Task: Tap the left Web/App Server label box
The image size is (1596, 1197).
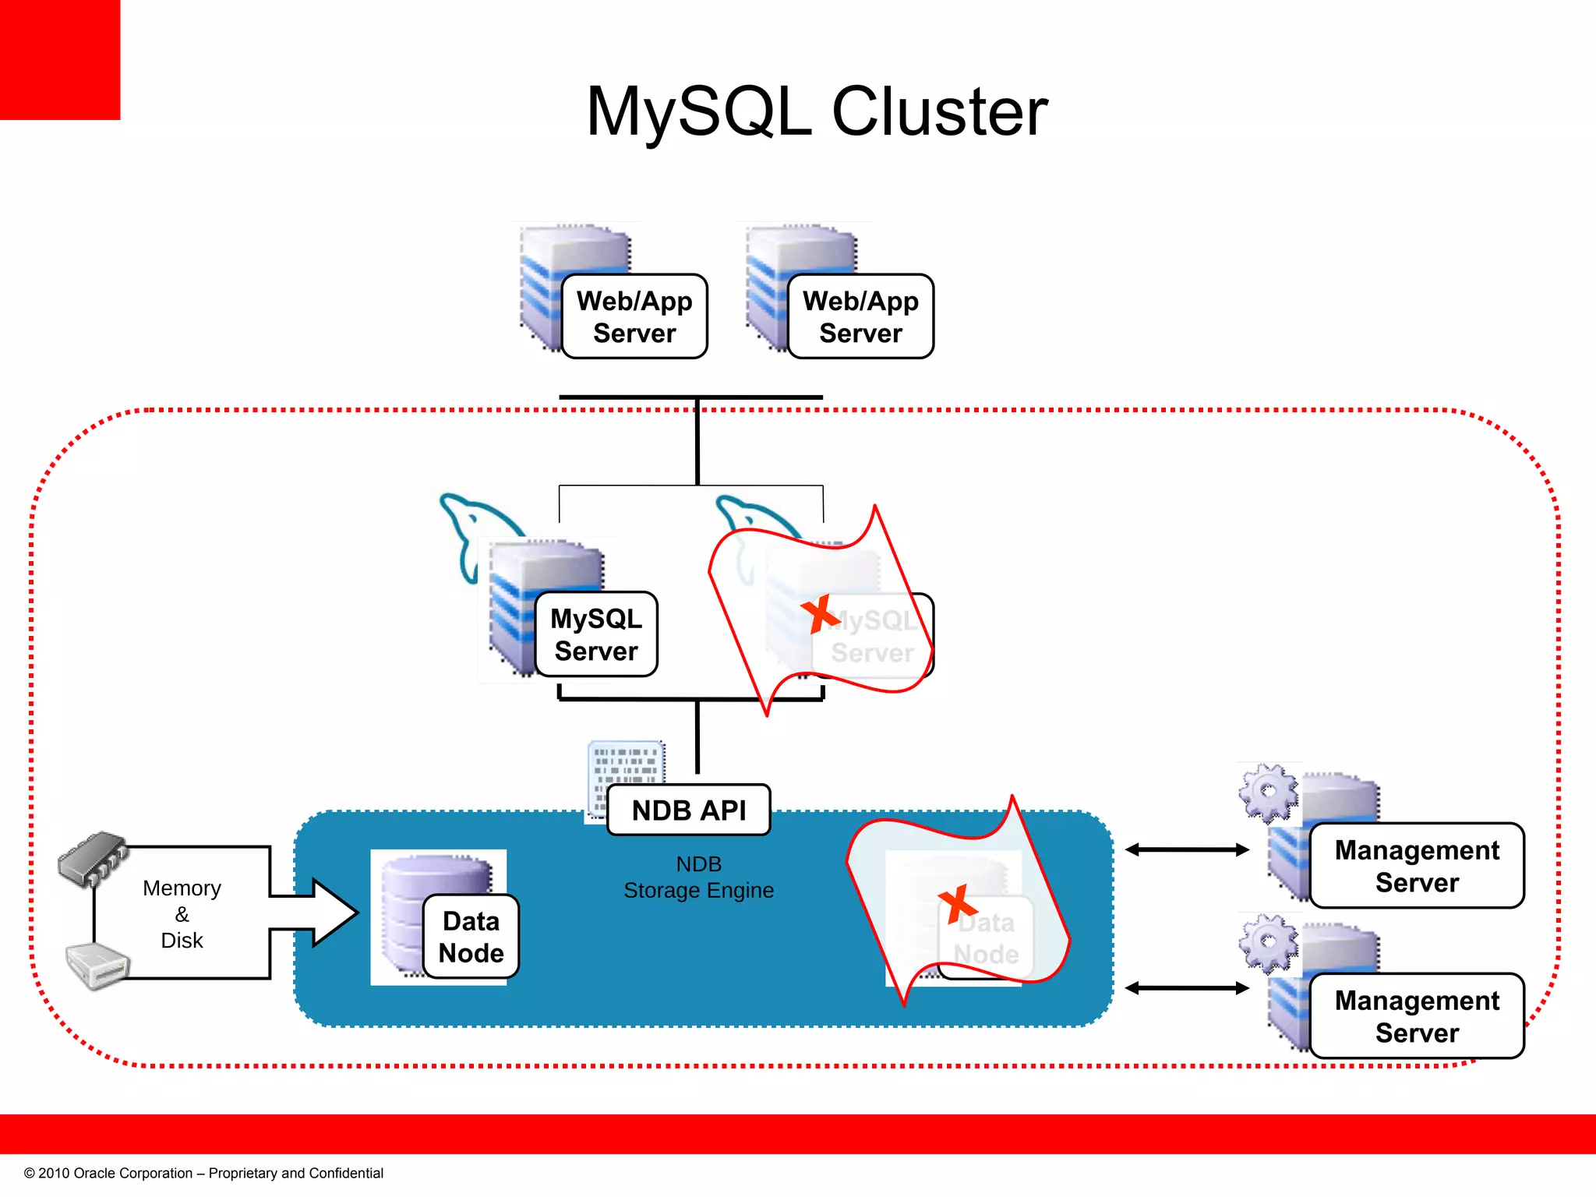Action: coord(634,316)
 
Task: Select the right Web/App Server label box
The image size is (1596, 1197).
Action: coord(860,316)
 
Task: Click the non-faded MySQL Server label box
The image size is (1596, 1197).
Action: coord(596,634)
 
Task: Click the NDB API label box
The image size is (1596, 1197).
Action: coord(689,810)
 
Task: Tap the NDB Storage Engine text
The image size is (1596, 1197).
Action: coord(698,877)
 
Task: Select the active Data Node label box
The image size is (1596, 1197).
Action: coord(471,937)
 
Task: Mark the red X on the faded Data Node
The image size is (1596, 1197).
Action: coord(957,904)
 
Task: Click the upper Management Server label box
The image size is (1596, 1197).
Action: coord(1416,866)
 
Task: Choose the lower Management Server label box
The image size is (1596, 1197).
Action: coord(1416,1016)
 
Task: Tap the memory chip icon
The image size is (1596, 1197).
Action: coord(94,859)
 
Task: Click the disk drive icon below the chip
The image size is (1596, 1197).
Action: coord(97,966)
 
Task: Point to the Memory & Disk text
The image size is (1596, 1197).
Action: coord(182,914)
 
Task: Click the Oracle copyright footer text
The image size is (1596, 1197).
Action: coord(203,1174)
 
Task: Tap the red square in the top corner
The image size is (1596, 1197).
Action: coord(59,59)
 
